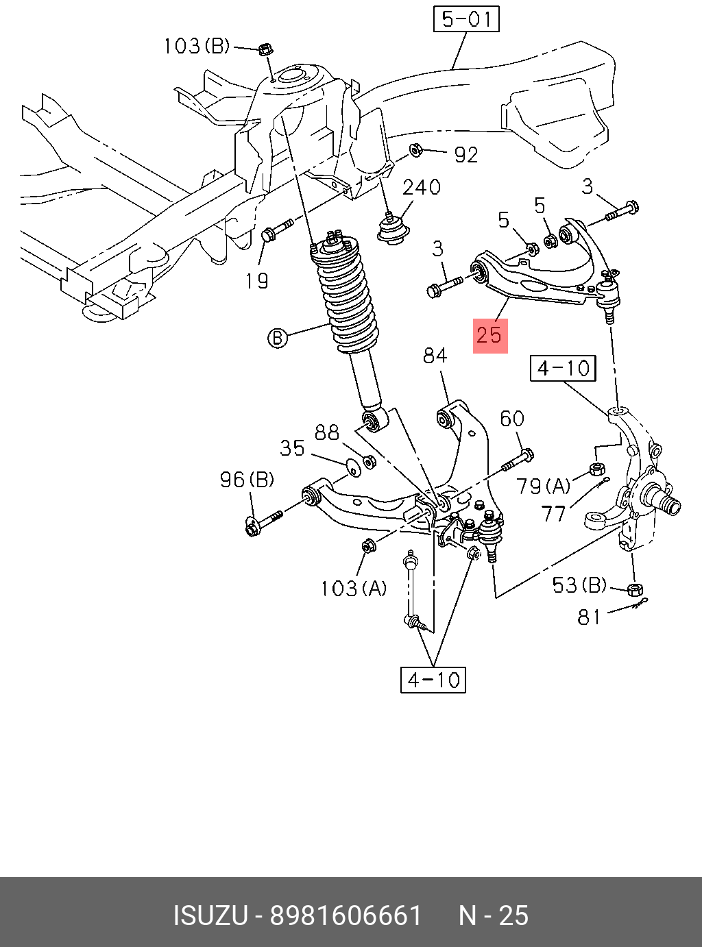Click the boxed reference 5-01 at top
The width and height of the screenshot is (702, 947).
coord(466,19)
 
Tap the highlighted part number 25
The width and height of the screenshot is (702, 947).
coord(489,335)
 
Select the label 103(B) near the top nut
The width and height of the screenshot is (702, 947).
coord(197,46)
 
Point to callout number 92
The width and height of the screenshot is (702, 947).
coord(465,155)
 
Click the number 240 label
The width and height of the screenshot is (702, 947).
coord(422,187)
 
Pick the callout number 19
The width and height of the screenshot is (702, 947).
coord(257,281)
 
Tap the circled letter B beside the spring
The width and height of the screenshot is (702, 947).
coord(278,338)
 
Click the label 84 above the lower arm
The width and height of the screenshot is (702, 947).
coord(435,355)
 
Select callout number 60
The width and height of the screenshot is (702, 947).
coord(512,419)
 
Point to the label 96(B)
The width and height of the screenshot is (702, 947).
coord(247,480)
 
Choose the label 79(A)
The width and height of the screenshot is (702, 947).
coord(543,486)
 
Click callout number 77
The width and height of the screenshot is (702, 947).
coord(553,514)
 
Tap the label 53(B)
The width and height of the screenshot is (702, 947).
coord(579,585)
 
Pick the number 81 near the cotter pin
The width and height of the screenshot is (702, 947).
coord(589,617)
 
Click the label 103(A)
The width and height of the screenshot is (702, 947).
coord(354,589)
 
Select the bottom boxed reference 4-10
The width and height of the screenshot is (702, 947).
coord(433,679)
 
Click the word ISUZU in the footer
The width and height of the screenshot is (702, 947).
coord(210,916)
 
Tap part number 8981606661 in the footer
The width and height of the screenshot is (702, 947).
coord(346,916)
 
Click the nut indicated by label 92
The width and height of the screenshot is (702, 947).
coord(415,150)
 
